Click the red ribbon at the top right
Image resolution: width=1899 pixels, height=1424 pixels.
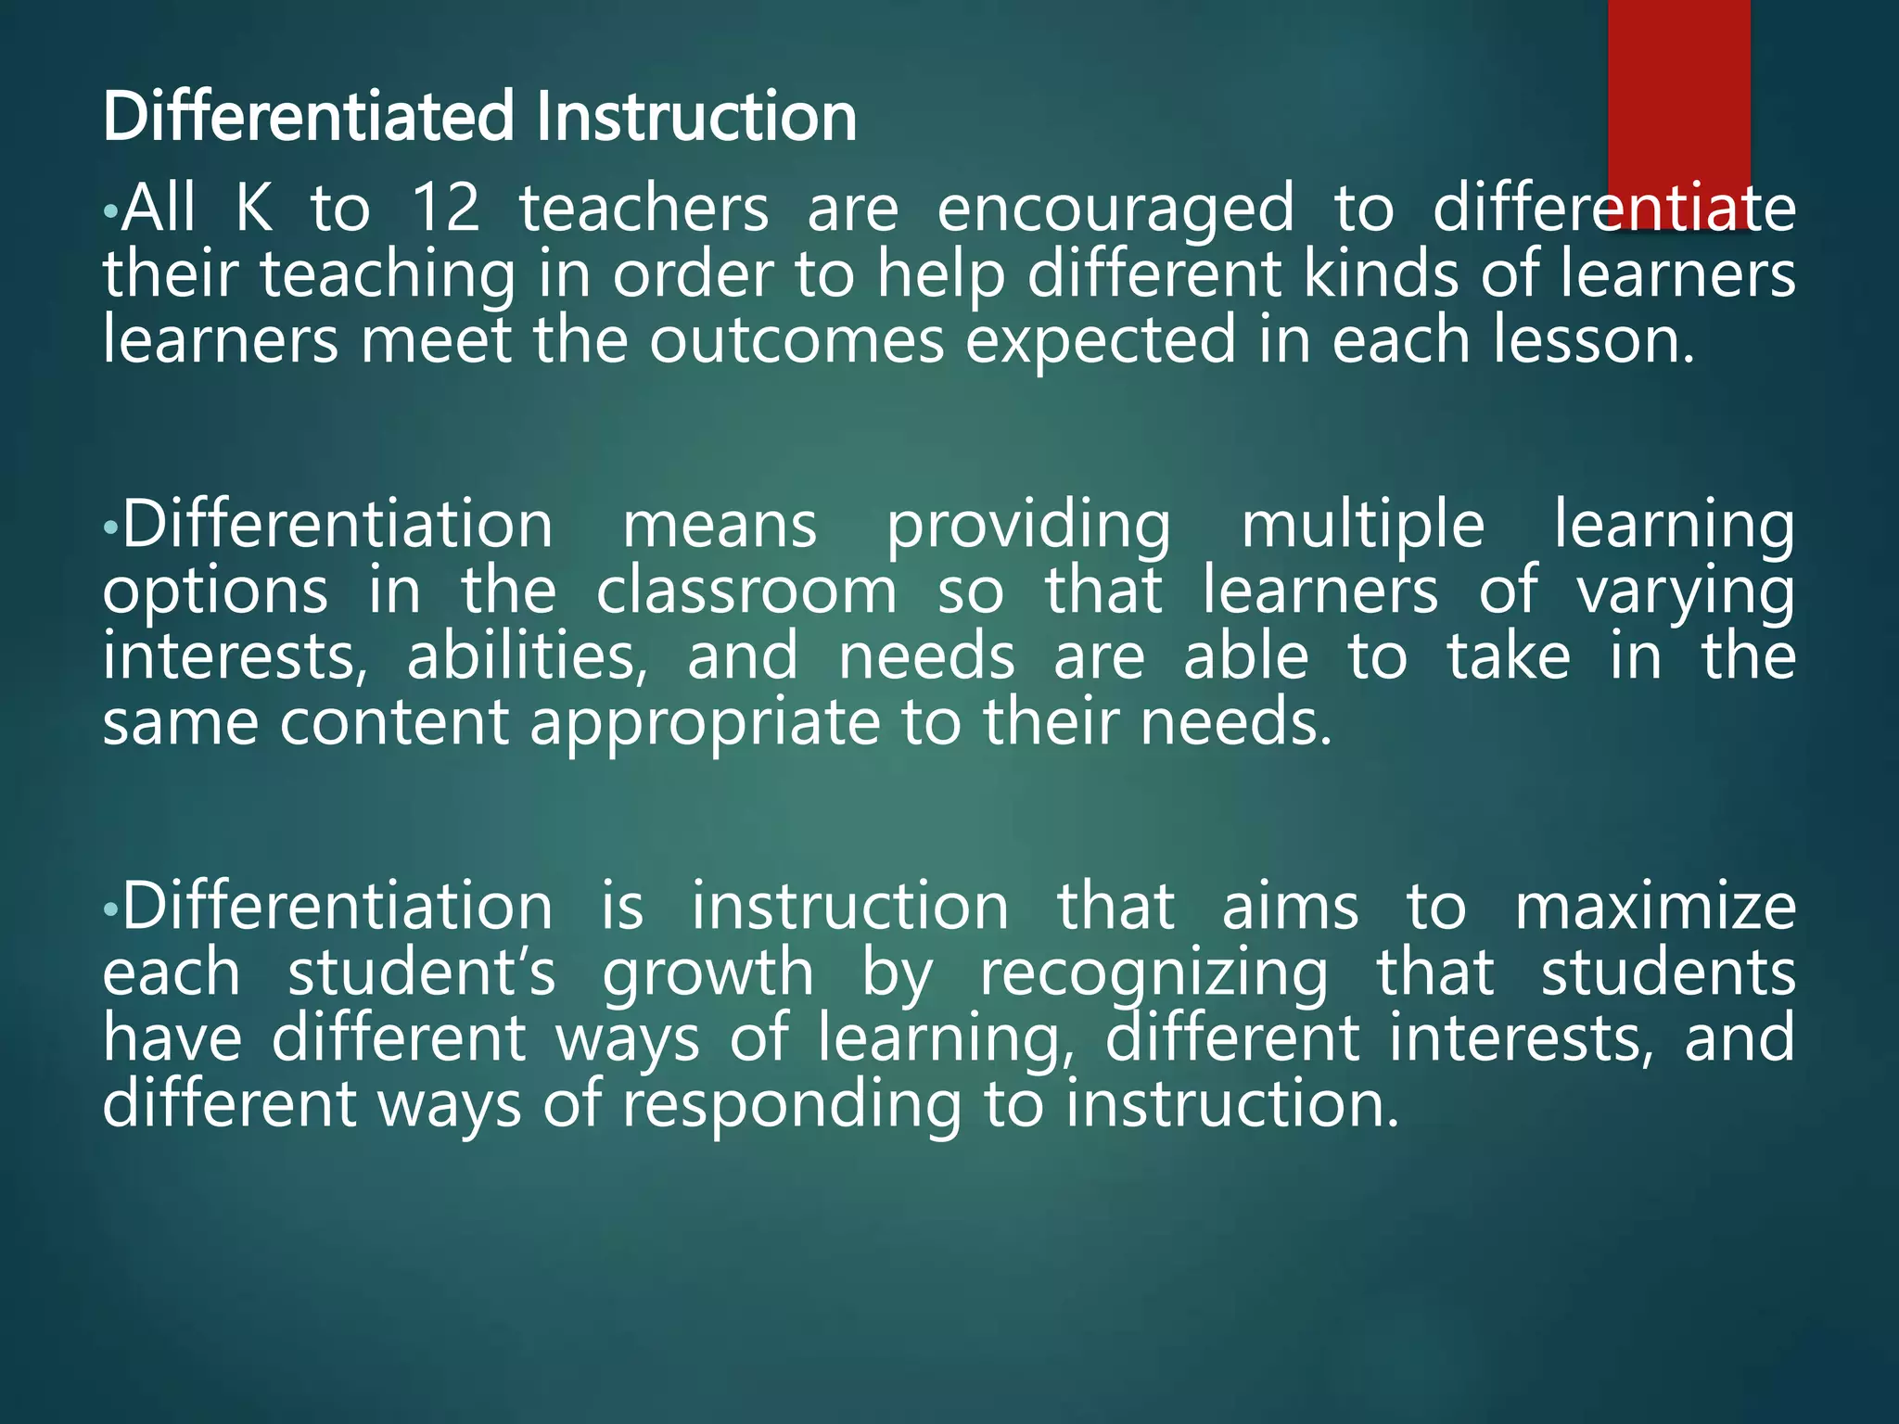pyautogui.click(x=1678, y=93)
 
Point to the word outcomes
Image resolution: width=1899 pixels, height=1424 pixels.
pyautogui.click(x=796, y=341)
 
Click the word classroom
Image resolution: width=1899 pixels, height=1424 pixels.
pyautogui.click(x=746, y=591)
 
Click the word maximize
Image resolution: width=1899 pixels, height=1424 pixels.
pyautogui.click(x=1655, y=907)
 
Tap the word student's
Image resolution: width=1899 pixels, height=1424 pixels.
pyautogui.click(x=422, y=973)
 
